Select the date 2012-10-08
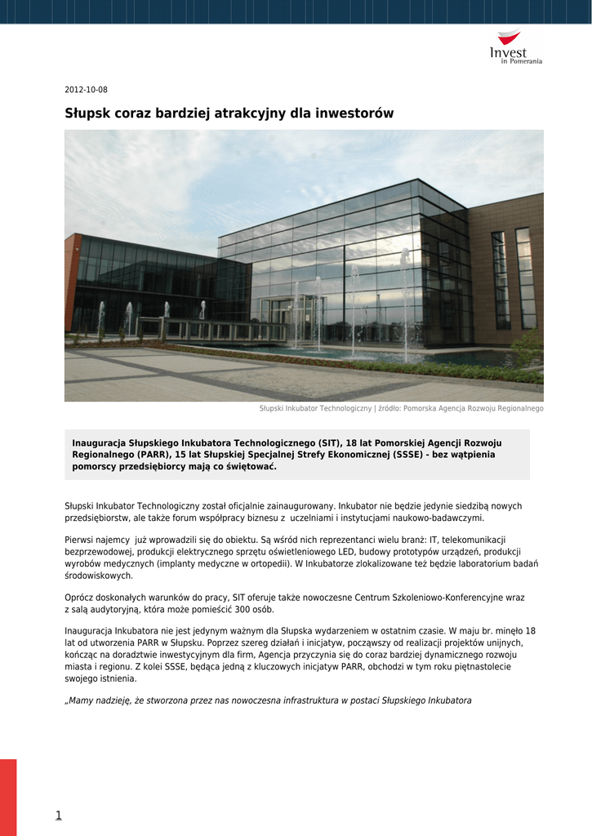point(86,90)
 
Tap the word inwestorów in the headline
point(354,113)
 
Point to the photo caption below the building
point(401,408)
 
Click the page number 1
point(59,815)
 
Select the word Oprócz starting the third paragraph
point(79,598)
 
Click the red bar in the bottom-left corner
point(8,796)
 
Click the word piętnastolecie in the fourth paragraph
point(478,666)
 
